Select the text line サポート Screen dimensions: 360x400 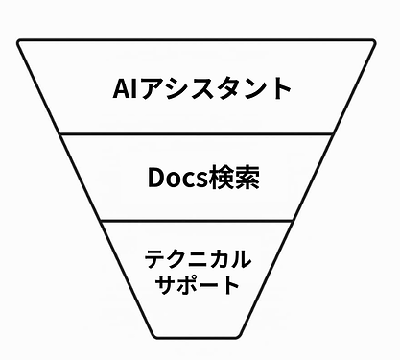point(198,285)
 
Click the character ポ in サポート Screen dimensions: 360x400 point(189,285)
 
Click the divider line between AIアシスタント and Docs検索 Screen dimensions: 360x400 point(198,135)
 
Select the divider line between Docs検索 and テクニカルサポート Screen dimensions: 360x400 point(198,221)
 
